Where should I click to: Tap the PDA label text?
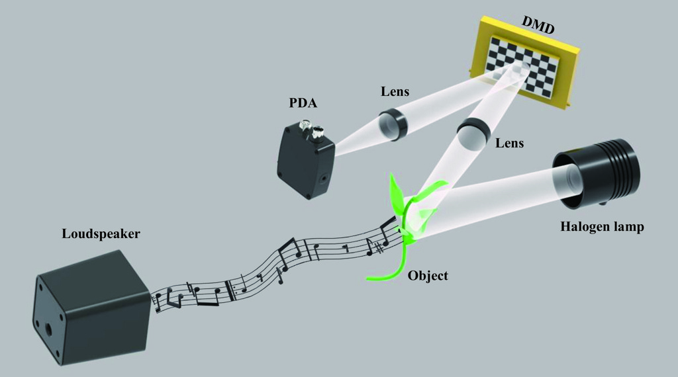[x=303, y=103]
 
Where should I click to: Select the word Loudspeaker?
[x=101, y=234]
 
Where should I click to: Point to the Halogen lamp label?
[x=602, y=227]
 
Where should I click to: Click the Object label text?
[x=428, y=276]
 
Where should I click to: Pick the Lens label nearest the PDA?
[x=395, y=91]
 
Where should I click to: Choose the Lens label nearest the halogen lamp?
[x=509, y=143]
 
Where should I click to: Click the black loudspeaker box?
[x=92, y=308]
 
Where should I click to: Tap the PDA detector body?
[x=306, y=161]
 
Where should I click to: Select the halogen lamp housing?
[x=596, y=173]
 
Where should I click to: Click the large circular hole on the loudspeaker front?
[x=48, y=329]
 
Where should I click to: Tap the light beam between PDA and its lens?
[x=357, y=139]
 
